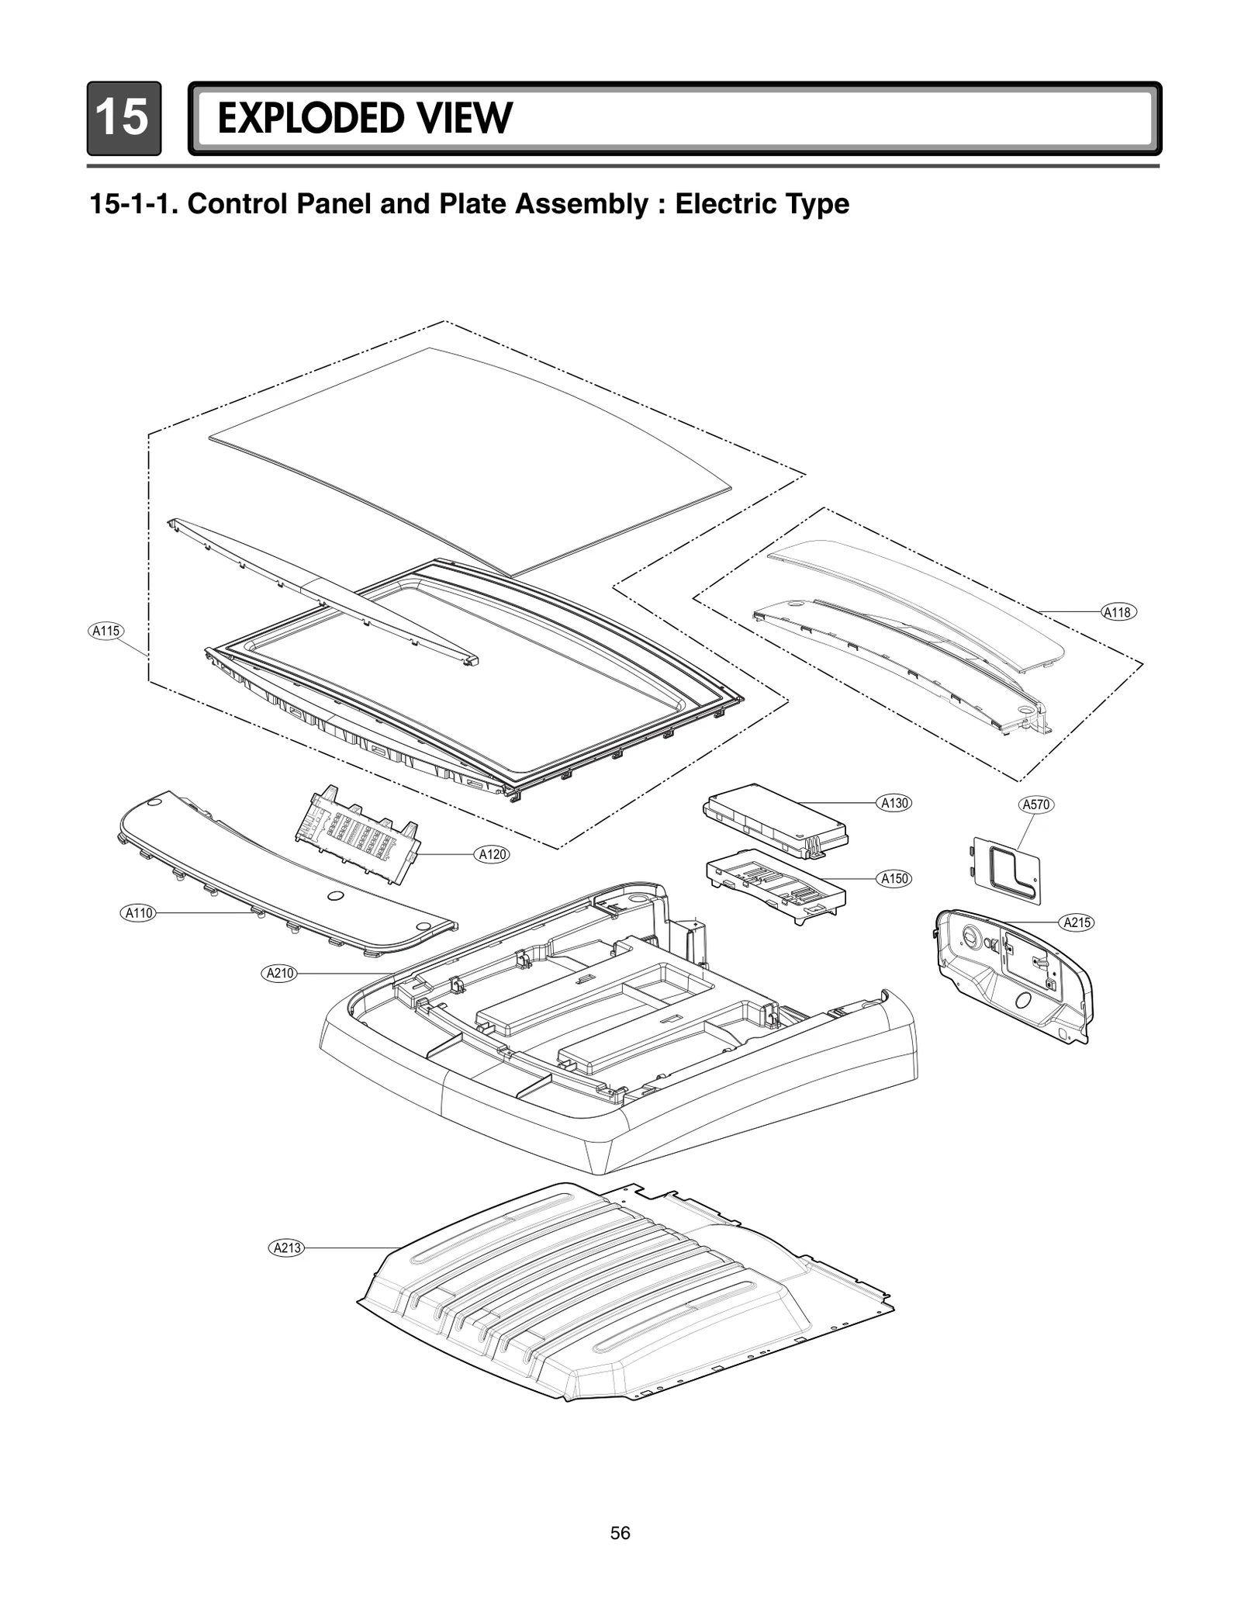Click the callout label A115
coord(106,631)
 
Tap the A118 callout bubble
coord(1118,612)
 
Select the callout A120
coord(493,854)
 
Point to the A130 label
coord(894,803)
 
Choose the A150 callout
coord(894,878)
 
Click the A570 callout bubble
coord(1036,805)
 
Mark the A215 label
coord(1077,922)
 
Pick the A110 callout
coord(140,913)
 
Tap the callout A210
coord(280,973)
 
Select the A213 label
coord(287,1248)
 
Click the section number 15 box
coord(123,119)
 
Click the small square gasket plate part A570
coord(1006,869)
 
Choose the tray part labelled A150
coord(776,888)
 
